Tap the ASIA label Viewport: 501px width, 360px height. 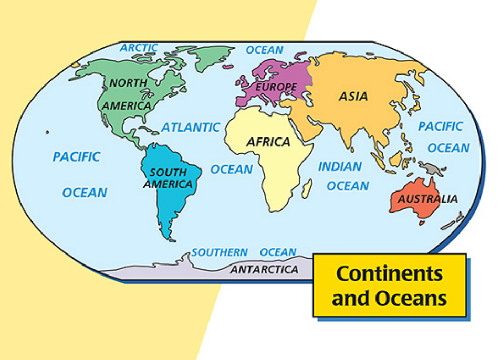pos(353,97)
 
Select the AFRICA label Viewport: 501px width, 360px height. pos(268,142)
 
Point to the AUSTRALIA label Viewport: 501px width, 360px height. pos(427,199)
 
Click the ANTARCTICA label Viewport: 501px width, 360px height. pos(264,270)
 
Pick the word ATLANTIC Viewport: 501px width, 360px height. pos(190,127)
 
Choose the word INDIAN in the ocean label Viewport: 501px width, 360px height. pos(340,167)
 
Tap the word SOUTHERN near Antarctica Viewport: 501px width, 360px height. pos(219,252)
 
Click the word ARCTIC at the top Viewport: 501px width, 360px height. pos(139,48)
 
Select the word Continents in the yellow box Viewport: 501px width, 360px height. pos(389,273)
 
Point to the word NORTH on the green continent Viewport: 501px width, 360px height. pos(128,83)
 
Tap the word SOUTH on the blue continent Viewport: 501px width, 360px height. pos(168,172)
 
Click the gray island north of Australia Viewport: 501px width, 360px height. pos(433,168)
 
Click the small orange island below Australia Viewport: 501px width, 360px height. pos(421,223)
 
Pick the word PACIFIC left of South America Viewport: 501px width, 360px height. pos(76,156)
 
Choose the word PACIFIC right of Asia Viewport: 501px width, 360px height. pos(440,126)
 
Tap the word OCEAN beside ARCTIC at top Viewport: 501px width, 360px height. pos(265,50)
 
